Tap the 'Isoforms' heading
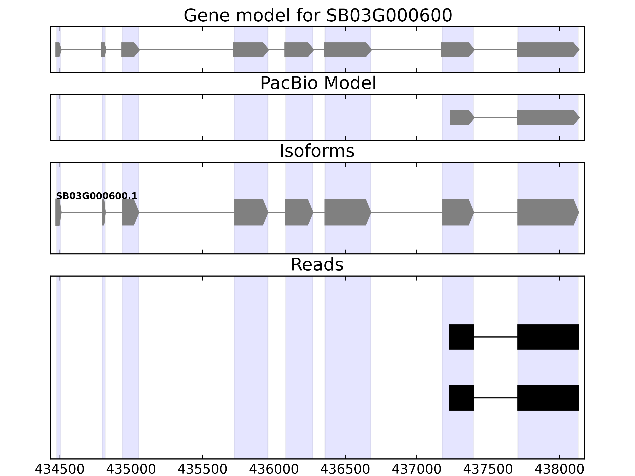tap(317, 151)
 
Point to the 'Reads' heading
tap(317, 265)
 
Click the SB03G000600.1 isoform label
tap(96, 196)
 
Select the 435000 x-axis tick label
tap(131, 469)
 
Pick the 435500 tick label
tap(202, 469)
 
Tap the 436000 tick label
tap(274, 469)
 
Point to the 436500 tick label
tap(345, 469)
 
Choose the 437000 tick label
tap(417, 469)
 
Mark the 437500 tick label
tap(488, 469)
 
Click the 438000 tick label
tap(559, 469)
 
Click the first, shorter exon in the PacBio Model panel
tap(461, 117)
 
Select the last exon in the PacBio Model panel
tap(547, 117)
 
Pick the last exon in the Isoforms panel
tap(547, 212)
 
